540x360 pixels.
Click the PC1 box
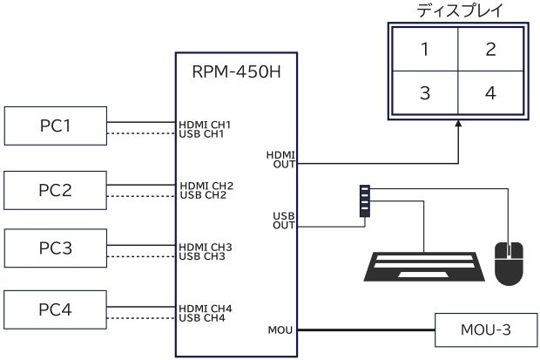coord(56,126)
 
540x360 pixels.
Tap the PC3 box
coord(56,248)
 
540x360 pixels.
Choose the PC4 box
coord(56,310)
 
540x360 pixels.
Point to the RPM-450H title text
coord(236,71)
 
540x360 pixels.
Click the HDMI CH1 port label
coord(206,125)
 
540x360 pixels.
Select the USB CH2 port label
coord(203,194)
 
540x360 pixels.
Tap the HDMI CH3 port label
coord(206,248)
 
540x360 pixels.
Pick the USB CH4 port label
coord(203,317)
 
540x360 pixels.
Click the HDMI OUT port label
coord(284,158)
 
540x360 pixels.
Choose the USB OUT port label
coord(284,220)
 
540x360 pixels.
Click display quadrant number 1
coord(424,49)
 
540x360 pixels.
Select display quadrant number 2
coord(491,49)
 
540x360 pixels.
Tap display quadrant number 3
coord(424,92)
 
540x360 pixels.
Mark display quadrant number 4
coord(491,92)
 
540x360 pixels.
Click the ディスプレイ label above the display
coord(458,11)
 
